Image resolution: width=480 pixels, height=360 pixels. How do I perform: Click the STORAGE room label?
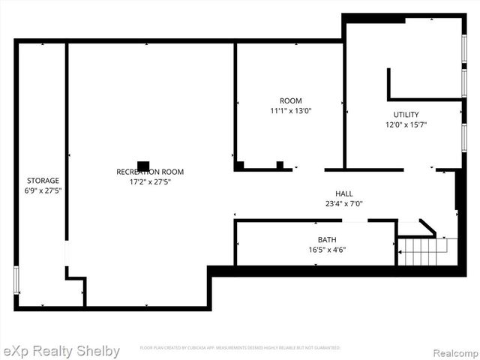tap(43, 181)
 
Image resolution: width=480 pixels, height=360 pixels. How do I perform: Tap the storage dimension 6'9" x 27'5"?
tap(43, 190)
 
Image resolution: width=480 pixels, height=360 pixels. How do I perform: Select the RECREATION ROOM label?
tap(150, 172)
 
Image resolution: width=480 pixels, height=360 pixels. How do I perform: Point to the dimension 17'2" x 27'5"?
tap(150, 181)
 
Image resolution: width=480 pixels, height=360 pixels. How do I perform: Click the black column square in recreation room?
tap(142, 165)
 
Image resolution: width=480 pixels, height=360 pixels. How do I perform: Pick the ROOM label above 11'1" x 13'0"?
tap(291, 101)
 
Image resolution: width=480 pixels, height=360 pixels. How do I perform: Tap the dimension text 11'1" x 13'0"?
tap(291, 111)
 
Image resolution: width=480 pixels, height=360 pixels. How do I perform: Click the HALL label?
tap(343, 193)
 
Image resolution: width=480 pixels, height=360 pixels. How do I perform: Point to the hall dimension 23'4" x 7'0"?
tap(343, 203)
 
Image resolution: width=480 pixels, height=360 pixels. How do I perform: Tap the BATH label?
tap(327, 240)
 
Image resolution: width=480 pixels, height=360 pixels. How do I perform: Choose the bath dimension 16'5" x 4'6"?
tap(327, 250)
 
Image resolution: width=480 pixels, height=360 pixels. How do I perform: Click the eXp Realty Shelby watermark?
tap(61, 351)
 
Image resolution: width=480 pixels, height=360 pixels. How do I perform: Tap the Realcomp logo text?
tap(452, 351)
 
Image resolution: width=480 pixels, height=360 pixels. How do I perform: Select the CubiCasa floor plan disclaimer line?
tap(240, 348)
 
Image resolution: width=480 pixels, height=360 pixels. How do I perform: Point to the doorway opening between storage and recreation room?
tap(67, 253)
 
